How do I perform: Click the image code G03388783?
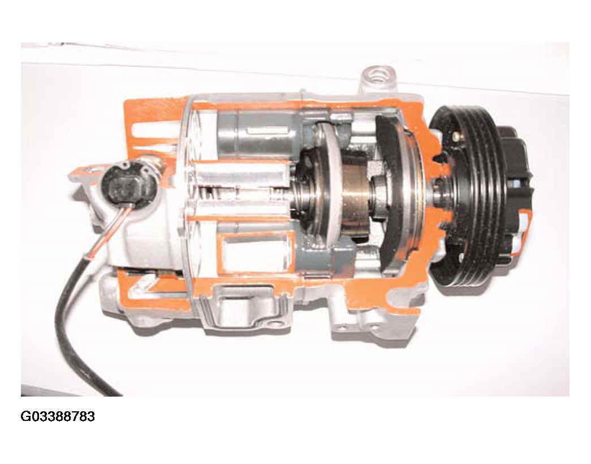(58, 416)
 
